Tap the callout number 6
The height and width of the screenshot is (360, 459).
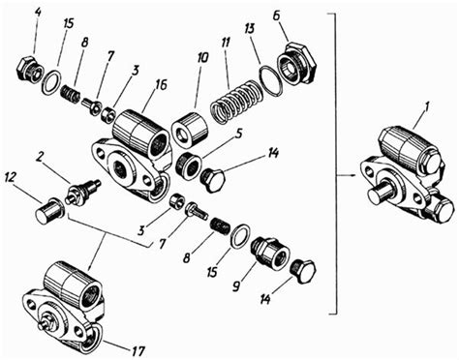pos(276,16)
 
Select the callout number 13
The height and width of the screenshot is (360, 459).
pos(249,29)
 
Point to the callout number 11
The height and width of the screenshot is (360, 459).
pos(228,45)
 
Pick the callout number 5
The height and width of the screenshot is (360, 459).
pos(238,135)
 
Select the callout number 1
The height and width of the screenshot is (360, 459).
pos(426,108)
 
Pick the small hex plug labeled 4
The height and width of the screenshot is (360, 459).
pos(29,69)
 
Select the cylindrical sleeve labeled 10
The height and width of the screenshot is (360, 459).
pos(189,128)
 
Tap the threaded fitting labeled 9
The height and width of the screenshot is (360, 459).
pos(270,254)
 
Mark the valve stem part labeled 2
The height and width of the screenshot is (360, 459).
pos(83,192)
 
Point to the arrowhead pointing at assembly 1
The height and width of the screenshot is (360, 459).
pos(353,175)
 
